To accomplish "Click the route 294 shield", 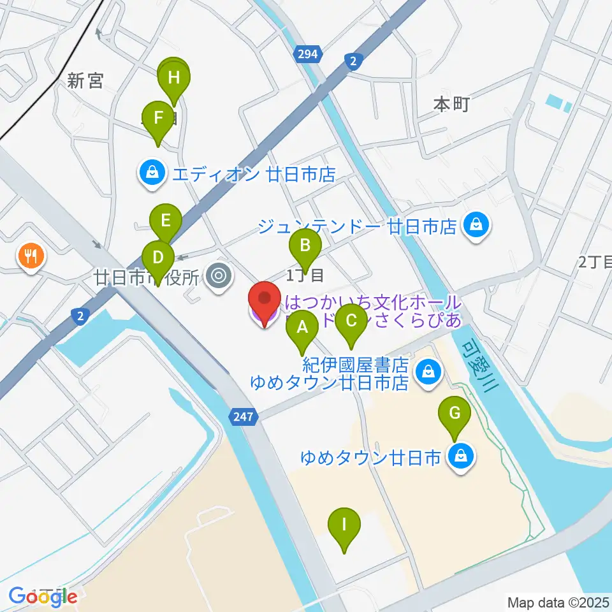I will pos(307,55).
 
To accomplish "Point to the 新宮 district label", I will pos(85,81).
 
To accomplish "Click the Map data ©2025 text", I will pos(558,602).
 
